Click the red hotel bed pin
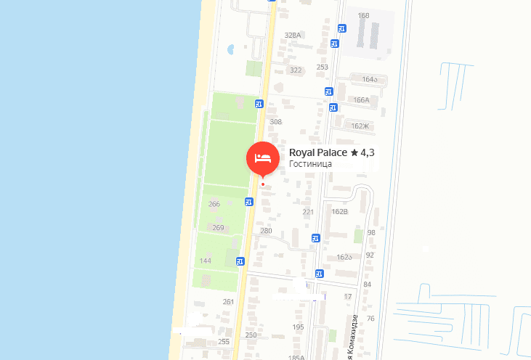[262, 158]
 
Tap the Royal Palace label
[318, 152]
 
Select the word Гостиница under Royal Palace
[310, 164]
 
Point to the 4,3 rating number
[368, 152]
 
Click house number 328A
[293, 35]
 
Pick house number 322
[296, 70]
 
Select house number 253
[323, 67]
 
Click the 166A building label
[361, 100]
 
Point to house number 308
[275, 122]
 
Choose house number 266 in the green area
[214, 204]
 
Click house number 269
[218, 228]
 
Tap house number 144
[206, 261]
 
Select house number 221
[308, 212]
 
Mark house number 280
[266, 231]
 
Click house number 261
[229, 302]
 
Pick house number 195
[298, 327]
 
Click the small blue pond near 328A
[231, 50]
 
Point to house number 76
[370, 319]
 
